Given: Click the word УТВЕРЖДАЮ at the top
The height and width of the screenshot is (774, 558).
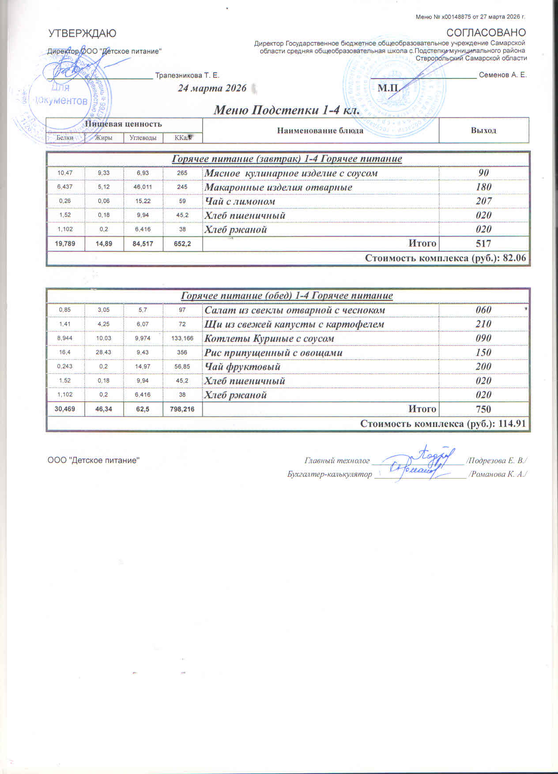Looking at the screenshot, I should tap(82, 33).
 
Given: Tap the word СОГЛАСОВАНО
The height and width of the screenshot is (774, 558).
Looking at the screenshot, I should tap(486, 33).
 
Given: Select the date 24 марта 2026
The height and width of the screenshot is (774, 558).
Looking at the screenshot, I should tap(212, 88).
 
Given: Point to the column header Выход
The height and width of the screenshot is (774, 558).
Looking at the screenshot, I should tap(483, 130).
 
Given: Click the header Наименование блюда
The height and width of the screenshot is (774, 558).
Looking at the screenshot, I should tap(320, 130).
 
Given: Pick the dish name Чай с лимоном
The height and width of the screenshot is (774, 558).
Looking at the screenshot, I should tap(240, 201).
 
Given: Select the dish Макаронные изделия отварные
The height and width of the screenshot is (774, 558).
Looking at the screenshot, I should tap(278, 187).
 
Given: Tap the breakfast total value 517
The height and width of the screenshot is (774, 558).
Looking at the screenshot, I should tap(483, 243).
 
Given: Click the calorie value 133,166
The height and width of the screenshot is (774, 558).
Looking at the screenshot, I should tap(182, 338).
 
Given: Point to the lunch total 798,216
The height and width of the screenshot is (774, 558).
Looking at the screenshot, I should tap(182, 409).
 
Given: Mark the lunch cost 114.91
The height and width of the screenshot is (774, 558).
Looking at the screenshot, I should tap(512, 424).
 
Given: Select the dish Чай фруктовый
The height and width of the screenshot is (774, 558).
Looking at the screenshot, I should tap(242, 367).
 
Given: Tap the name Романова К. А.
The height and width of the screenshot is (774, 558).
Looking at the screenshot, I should tap(498, 474).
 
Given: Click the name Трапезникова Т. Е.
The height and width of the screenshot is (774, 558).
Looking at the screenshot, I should tap(187, 76).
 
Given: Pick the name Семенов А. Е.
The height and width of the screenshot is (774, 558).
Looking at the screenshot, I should tap(503, 75).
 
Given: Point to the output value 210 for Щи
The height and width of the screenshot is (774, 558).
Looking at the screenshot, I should tap(483, 324).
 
